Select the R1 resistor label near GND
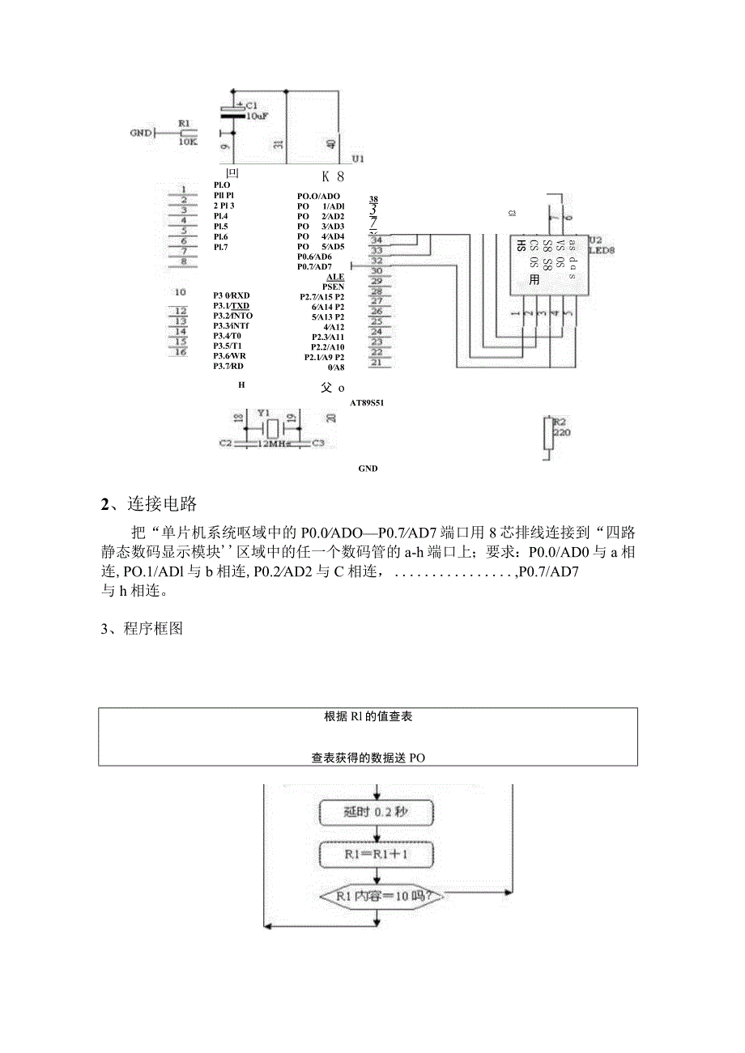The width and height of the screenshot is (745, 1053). tap(185, 125)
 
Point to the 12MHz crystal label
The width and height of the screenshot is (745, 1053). tap(275, 444)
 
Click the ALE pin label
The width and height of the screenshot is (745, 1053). tap(334, 277)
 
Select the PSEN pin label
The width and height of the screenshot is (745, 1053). tap(333, 287)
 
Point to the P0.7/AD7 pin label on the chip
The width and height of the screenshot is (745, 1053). tap(314, 266)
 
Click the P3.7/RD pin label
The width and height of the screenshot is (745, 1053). tap(229, 366)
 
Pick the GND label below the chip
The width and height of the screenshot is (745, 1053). tap(368, 469)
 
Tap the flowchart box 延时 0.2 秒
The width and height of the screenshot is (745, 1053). tap(377, 812)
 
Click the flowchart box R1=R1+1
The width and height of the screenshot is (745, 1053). tap(377, 854)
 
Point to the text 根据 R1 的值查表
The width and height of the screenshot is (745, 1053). tap(368, 716)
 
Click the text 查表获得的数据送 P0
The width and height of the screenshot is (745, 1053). tap(368, 758)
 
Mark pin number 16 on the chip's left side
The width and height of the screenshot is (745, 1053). tap(181, 352)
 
